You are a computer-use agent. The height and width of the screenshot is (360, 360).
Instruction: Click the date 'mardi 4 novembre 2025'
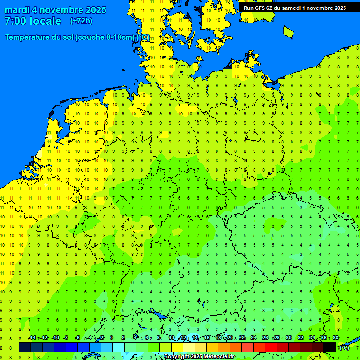point(55,10)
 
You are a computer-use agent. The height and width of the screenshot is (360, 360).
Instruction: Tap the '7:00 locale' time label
point(33,21)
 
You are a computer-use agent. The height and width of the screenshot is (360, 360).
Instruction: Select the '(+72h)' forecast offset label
point(81,21)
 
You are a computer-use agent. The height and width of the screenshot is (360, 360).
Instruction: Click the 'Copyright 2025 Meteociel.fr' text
point(199,357)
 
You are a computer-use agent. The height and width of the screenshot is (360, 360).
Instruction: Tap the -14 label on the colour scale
point(32,338)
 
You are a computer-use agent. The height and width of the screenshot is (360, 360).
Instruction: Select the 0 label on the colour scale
point(112,338)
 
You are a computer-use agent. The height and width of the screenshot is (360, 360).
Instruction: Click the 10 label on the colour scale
point(172,338)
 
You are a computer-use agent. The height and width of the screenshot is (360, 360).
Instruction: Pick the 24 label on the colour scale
point(254,338)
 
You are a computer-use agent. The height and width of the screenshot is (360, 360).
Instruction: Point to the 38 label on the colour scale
point(336,338)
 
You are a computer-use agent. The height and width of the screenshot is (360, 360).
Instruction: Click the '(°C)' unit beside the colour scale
point(344,348)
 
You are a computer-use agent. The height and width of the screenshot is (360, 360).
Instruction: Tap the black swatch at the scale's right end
point(330,347)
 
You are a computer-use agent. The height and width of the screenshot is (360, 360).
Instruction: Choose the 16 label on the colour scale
point(207,338)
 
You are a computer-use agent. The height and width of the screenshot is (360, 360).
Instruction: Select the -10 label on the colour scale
point(55,338)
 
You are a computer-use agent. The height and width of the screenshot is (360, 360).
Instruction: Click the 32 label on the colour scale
point(300,338)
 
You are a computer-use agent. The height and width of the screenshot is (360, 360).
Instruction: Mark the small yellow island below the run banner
point(288,31)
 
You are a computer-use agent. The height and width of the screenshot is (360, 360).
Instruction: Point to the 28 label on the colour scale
point(277,338)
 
